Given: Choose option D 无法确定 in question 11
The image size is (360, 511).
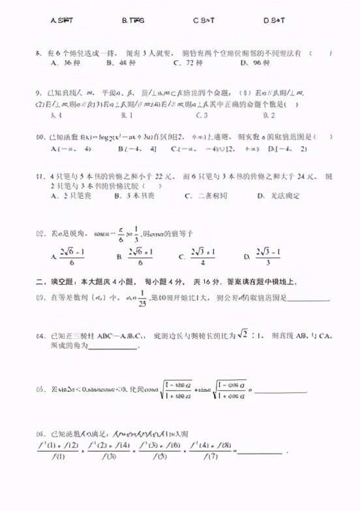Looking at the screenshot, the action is point(273,196).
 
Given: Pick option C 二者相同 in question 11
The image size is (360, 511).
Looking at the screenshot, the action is point(202,196).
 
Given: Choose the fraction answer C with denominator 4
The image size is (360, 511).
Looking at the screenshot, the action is point(202,256).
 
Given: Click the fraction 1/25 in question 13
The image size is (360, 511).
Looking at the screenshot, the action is point(142,299).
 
